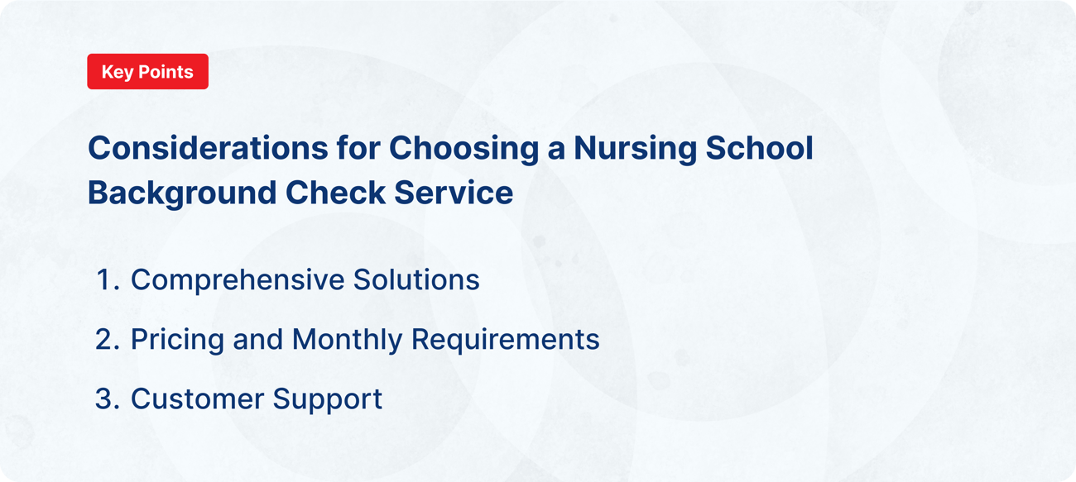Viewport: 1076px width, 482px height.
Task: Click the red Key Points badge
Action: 147,72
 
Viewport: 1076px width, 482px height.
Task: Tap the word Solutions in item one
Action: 416,280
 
